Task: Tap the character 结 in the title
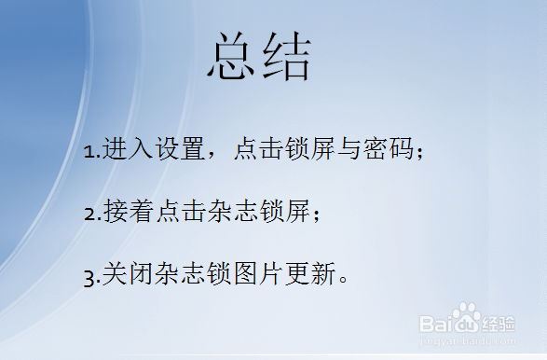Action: [x=286, y=59]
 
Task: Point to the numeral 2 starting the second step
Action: [x=89, y=215]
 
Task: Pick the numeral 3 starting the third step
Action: [x=89, y=277]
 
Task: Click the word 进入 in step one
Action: [x=125, y=150]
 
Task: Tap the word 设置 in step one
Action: [x=178, y=150]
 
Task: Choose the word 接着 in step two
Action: [x=125, y=214]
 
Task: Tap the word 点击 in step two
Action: [x=177, y=214]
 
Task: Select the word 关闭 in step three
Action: [x=125, y=276]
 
